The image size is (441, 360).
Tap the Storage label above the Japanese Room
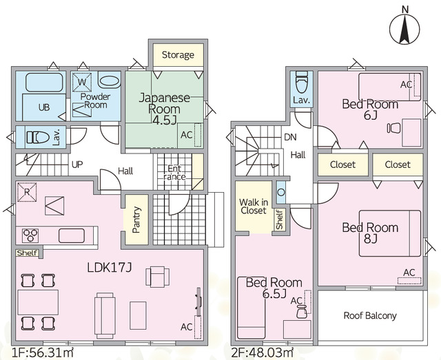click(178, 55)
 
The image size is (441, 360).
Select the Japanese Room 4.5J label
click(165, 108)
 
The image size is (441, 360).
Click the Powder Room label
click(96, 101)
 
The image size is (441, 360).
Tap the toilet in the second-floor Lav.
click(301, 83)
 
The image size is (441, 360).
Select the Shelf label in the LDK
click(28, 253)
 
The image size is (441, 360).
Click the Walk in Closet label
click(253, 206)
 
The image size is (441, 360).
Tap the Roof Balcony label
click(370, 315)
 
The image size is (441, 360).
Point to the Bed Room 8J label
click(370, 233)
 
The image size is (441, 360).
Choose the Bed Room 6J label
click(370, 109)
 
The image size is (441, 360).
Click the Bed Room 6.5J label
click(274, 288)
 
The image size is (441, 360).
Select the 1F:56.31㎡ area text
click(43, 352)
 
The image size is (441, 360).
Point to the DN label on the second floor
click(291, 136)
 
